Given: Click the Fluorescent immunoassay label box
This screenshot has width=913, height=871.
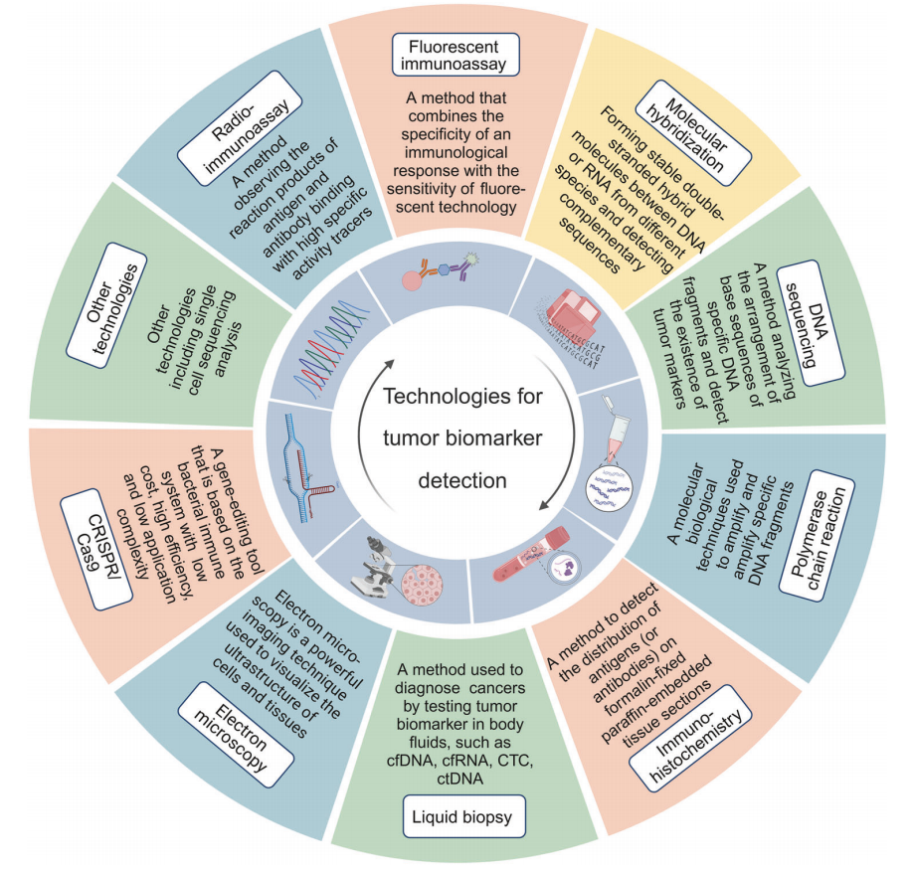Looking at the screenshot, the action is pos(456,55).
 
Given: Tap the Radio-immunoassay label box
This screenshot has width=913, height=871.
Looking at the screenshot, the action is pos(240,128).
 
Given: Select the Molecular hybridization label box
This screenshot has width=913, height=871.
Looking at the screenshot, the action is pos(693,133).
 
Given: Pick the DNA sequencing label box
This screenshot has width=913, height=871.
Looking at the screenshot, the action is pos(811,322).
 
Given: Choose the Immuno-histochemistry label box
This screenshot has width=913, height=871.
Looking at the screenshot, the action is pos(690,738).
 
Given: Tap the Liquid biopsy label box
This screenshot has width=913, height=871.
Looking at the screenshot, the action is pos(463,816).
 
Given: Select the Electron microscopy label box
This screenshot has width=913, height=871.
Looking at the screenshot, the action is pos(236,735).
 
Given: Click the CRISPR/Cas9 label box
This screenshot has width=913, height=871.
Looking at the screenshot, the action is pos(96,549).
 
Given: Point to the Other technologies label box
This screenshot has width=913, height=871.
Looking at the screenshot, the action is pos(106,305).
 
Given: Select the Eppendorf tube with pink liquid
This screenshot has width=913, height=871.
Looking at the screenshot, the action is pos(615,427).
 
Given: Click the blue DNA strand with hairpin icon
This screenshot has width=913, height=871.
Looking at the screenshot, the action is pos(305,460).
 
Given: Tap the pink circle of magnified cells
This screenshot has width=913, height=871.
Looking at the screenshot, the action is pos(422,585).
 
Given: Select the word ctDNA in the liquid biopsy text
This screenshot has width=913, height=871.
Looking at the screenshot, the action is pos(460,779).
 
